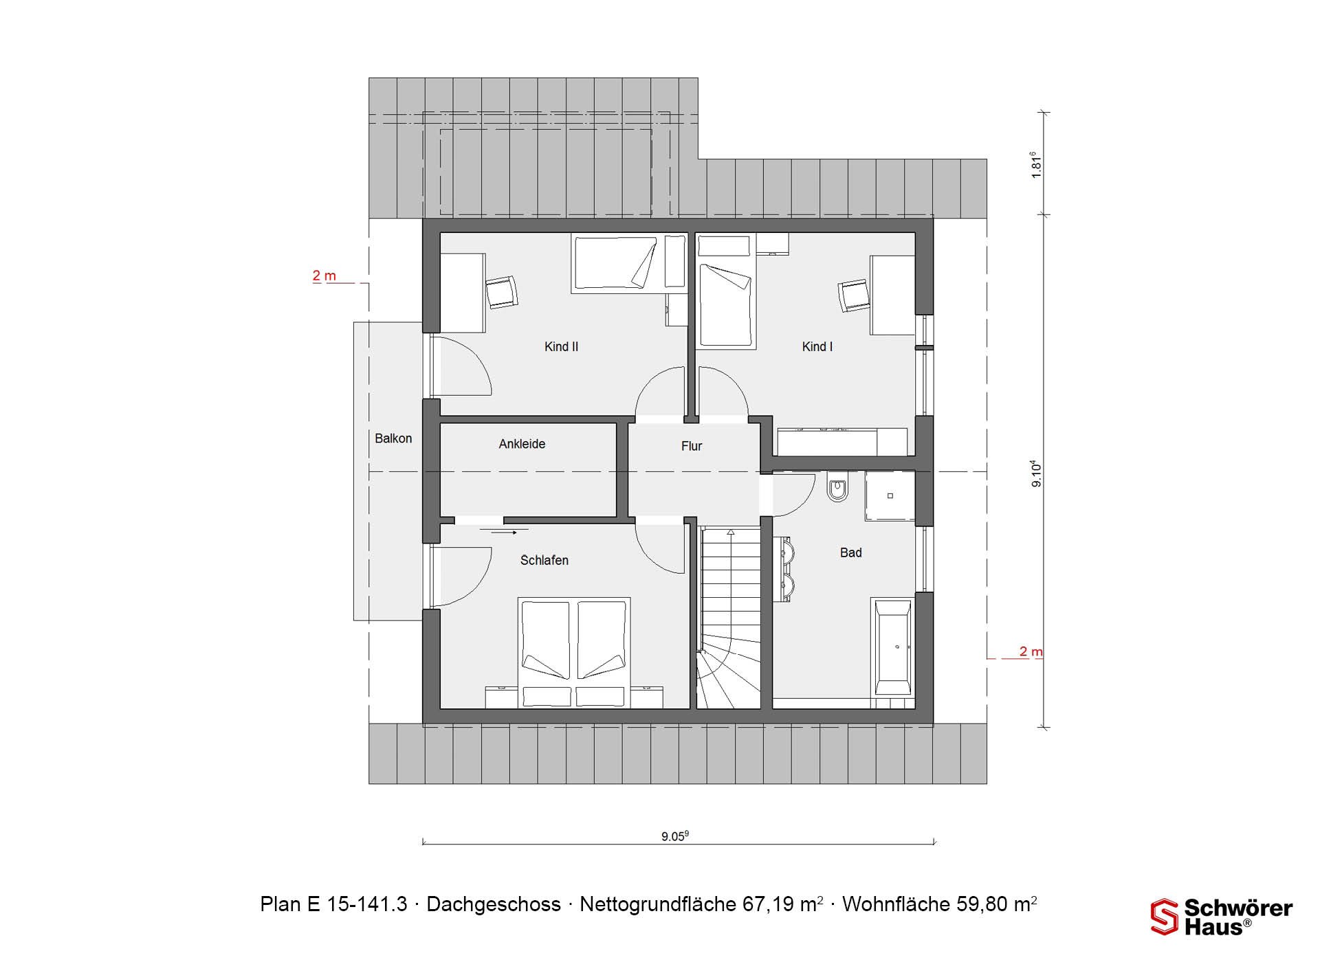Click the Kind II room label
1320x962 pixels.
pyautogui.click(x=561, y=347)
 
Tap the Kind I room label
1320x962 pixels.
pyautogui.click(x=817, y=347)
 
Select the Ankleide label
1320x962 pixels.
pyautogui.click(x=522, y=444)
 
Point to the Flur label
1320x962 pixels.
pyautogui.click(x=692, y=446)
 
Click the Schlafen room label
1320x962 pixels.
pyautogui.click(x=544, y=560)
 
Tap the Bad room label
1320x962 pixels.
pyautogui.click(x=850, y=552)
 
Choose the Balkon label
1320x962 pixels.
pyautogui.click(x=393, y=438)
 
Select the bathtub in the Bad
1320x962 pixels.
pyautogui.click(x=892, y=647)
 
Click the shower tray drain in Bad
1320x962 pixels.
pyautogui.click(x=890, y=495)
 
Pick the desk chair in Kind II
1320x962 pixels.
pyautogui.click(x=502, y=292)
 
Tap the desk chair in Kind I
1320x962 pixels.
pyautogui.click(x=854, y=295)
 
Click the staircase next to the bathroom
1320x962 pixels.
pyautogui.click(x=729, y=617)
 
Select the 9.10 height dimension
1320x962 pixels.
pyautogui.click(x=1036, y=474)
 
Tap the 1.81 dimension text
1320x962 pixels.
pyautogui.click(x=1036, y=165)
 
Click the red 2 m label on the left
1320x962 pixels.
pyautogui.click(x=324, y=276)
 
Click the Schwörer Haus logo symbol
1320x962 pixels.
pyautogui.click(x=1164, y=917)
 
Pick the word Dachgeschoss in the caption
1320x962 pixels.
pyautogui.click(x=494, y=904)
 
